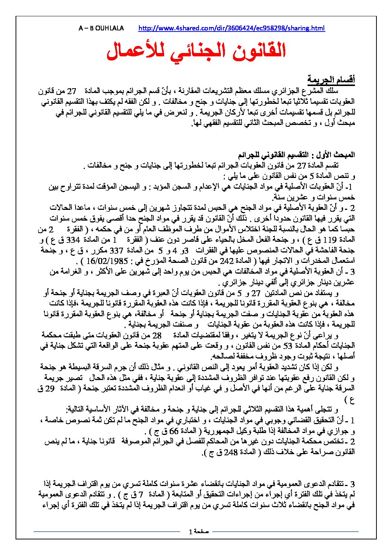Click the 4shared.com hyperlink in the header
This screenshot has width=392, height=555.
[x=231, y=28]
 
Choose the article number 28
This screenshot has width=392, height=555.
[x=157, y=336]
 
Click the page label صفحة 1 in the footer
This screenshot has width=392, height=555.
[x=199, y=532]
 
